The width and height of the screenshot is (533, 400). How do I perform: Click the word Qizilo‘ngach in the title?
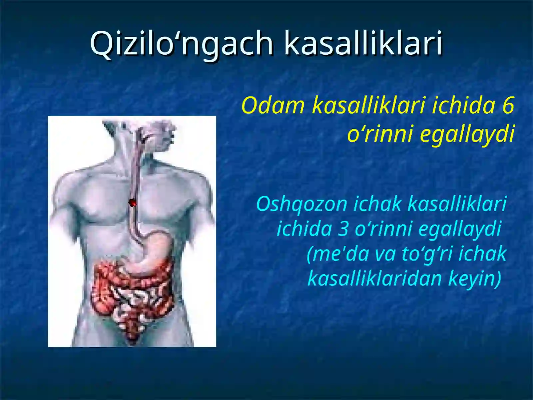(182, 43)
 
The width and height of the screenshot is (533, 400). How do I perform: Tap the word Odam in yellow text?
(273, 105)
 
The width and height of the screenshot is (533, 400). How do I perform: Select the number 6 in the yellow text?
(508, 105)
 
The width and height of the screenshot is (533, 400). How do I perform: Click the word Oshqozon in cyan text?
(301, 204)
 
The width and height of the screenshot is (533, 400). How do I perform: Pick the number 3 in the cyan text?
(343, 229)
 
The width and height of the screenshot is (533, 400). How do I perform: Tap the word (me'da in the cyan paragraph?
(338, 254)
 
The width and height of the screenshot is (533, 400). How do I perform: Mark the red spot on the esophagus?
(133, 202)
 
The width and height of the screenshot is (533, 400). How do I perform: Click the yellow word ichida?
(463, 105)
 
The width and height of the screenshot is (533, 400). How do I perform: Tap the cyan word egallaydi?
(460, 229)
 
